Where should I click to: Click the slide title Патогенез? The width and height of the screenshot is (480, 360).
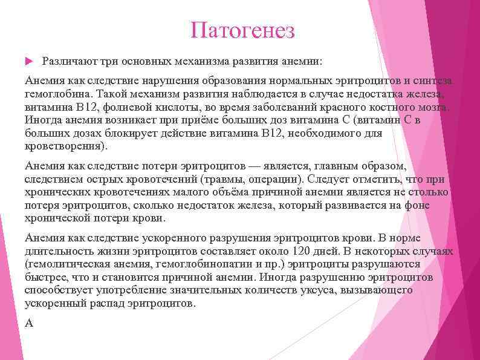pos(242,30)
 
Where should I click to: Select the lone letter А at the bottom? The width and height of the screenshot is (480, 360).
pos(28,323)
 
